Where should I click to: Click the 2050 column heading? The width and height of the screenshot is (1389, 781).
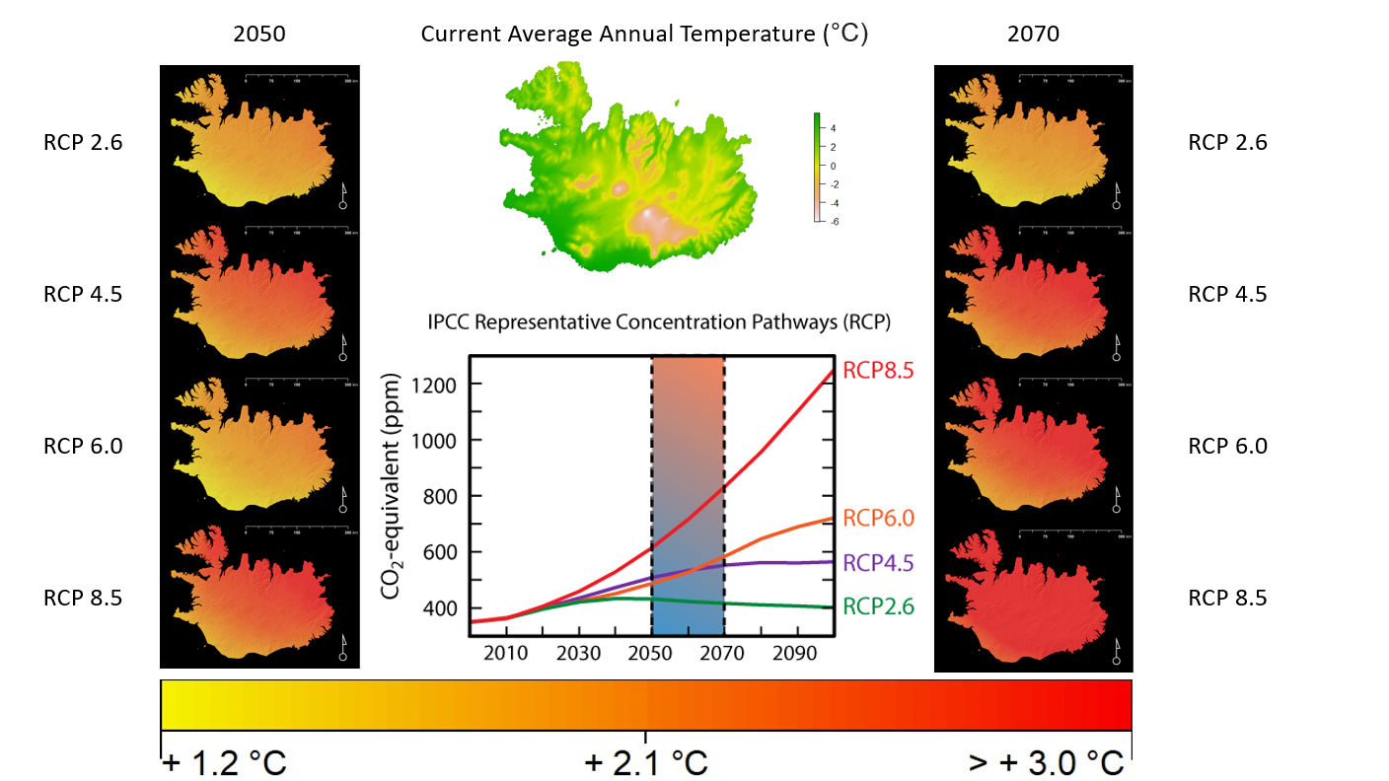259,34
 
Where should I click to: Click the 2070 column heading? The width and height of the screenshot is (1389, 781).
1033,34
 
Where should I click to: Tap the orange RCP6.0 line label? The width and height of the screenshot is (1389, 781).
878,519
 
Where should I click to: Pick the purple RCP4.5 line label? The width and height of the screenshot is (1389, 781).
878,563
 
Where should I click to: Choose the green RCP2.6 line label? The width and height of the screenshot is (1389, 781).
878,607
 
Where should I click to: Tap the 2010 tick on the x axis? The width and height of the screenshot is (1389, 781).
504,654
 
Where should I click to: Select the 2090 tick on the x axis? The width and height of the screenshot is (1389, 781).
796,654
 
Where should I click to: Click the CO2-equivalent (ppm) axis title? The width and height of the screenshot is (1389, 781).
391,487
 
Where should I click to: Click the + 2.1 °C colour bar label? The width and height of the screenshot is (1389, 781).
646,762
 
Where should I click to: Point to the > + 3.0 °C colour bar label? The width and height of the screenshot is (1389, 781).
1046,762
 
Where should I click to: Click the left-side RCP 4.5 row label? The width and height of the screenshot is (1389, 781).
83,294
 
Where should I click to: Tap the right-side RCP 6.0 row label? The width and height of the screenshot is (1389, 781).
1227,446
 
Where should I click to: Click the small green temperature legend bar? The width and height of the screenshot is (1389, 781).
818,168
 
